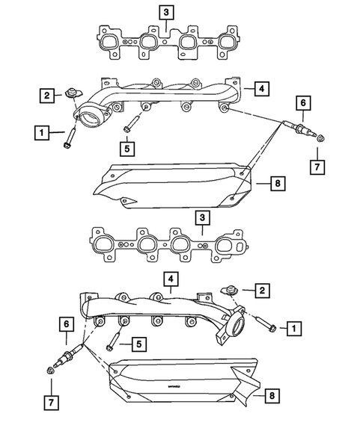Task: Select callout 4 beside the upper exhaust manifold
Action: [258, 89]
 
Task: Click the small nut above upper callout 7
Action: [320, 138]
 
